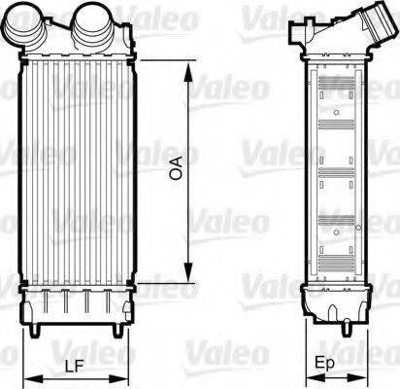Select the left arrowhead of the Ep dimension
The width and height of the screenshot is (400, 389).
coord(309,377)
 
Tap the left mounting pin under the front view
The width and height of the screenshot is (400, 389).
coord(36,331)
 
